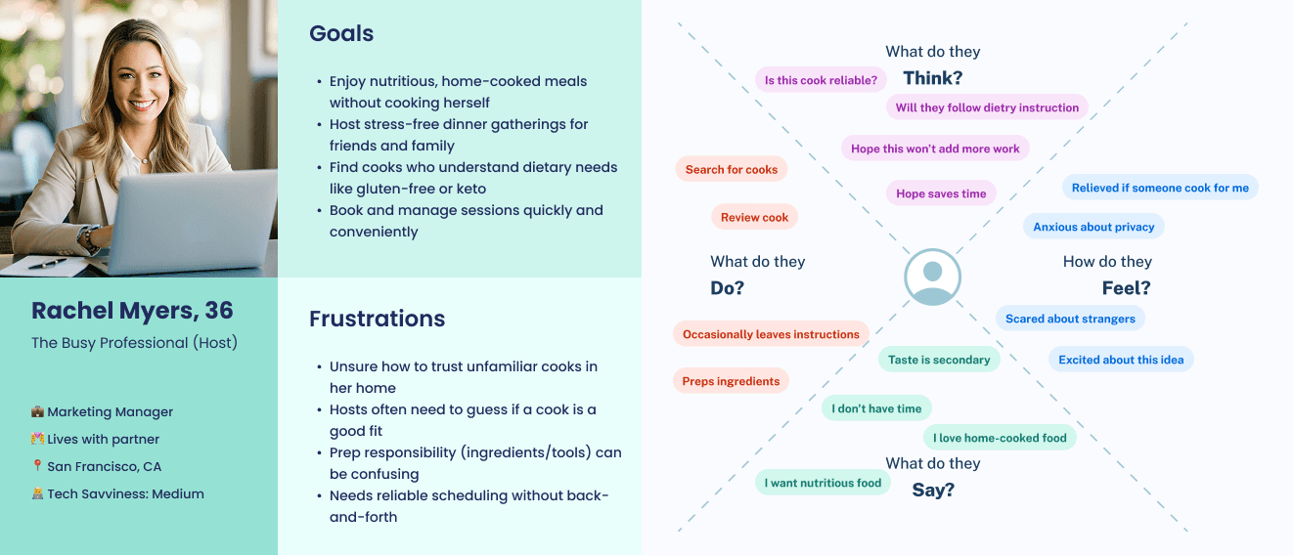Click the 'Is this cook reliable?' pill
coord(821,80)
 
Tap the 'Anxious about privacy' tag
coord(1093,227)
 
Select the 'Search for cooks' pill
coord(732,169)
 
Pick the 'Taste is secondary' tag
coord(939,360)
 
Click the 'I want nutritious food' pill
coord(823,483)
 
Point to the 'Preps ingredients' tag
coord(731,381)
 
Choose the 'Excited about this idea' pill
coord(1121,360)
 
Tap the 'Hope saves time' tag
coord(941,193)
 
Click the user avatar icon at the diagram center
coord(932,278)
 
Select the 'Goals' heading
coord(341,33)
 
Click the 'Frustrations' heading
coord(377,319)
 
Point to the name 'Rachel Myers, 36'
coord(132,311)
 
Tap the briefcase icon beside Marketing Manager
coord(37,412)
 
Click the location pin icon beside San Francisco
coord(37,467)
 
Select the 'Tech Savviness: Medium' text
coord(125,494)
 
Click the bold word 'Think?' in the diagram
coord(932,78)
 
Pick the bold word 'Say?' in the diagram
coord(932,490)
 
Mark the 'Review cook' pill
coord(754,217)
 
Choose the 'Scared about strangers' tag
coord(1070,318)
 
